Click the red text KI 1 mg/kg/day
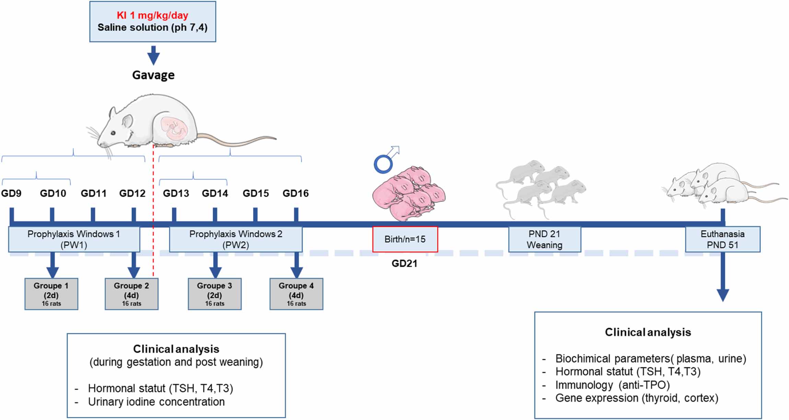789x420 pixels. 152,15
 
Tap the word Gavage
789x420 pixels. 153,75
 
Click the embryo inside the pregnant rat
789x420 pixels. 175,128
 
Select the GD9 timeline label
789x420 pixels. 11,194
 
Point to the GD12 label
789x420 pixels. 132,194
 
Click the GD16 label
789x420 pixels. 295,194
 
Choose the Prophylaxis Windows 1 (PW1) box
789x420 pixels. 74,239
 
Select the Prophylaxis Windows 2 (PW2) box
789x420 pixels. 236,239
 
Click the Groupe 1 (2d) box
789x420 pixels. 51,294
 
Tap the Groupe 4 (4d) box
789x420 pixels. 296,294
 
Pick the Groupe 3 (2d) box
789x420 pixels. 214,294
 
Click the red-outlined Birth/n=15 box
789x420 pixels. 405,239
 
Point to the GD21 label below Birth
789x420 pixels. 404,263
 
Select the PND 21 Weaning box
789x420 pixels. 544,239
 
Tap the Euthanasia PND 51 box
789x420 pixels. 722,239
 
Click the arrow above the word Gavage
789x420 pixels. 153,55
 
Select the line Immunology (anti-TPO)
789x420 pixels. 612,385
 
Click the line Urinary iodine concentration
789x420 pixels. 156,402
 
